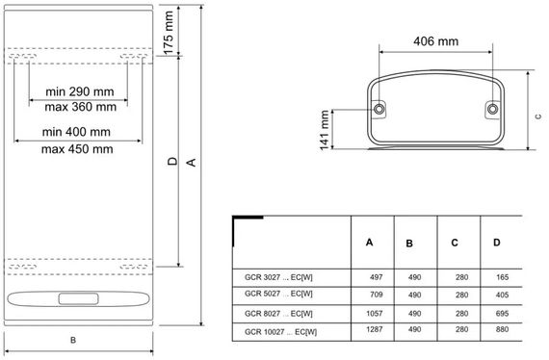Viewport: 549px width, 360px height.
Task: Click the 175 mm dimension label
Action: [169, 33]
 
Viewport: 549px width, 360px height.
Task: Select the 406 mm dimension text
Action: [436, 41]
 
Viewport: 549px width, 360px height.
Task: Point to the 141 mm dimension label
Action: [325, 130]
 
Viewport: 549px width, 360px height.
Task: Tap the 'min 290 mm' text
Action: [80, 91]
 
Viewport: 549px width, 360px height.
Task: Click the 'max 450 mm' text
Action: [77, 149]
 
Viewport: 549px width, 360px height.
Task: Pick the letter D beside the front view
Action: [172, 162]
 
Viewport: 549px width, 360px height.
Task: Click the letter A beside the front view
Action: [192, 163]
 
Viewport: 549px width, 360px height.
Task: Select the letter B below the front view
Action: [73, 340]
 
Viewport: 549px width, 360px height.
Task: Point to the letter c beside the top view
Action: [538, 116]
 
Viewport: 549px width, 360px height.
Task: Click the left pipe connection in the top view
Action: [379, 109]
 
